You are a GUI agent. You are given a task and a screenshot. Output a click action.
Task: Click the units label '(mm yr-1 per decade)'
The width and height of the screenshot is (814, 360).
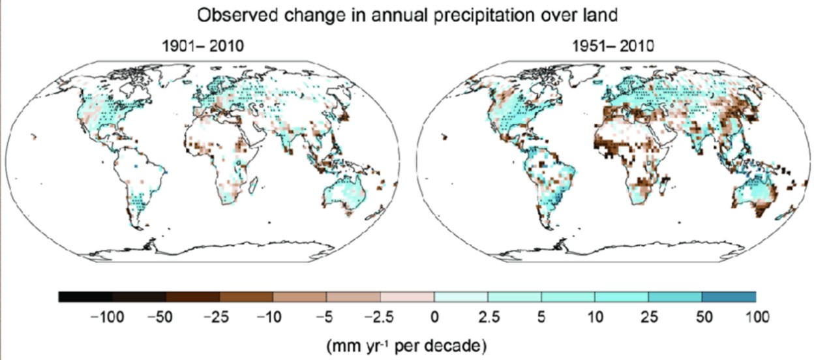pyautogui.click(x=407, y=342)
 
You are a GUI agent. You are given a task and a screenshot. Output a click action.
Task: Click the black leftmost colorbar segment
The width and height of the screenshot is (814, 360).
pyautogui.click(x=85, y=297)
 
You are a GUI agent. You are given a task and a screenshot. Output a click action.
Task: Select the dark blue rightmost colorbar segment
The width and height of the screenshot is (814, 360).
pyautogui.click(x=729, y=297)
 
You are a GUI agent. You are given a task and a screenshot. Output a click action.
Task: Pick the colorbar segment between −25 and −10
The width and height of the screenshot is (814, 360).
pyautogui.click(x=246, y=297)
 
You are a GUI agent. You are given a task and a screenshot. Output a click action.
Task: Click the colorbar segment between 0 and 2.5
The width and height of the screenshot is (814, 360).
pyautogui.click(x=460, y=297)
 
